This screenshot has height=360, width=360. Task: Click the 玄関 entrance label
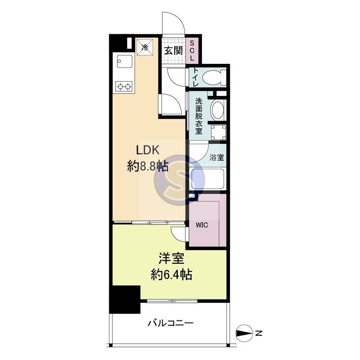pyautogui.click(x=173, y=50)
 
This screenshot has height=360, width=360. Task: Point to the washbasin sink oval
pyautogui.click(x=217, y=109)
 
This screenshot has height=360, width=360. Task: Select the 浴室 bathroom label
pyautogui.click(x=217, y=157)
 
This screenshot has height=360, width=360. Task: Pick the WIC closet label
pyautogui.click(x=201, y=225)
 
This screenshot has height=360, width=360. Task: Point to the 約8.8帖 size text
pyautogui.click(x=148, y=167)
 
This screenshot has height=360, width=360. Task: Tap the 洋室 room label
pyautogui.click(x=169, y=260)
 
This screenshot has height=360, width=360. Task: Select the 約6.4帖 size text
pyautogui.click(x=171, y=274)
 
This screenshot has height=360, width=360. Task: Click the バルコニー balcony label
pyautogui.click(x=170, y=323)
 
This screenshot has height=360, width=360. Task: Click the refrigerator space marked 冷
pyautogui.click(x=145, y=47)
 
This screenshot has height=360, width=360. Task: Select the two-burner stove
pyautogui.click(x=123, y=86)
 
